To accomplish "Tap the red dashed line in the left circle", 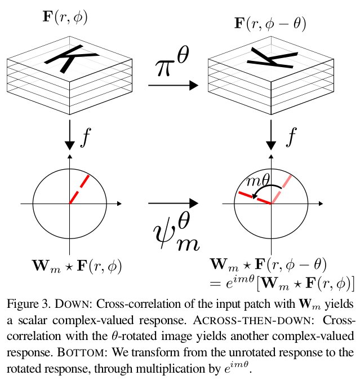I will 79,189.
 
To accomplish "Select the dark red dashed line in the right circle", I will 255,197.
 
